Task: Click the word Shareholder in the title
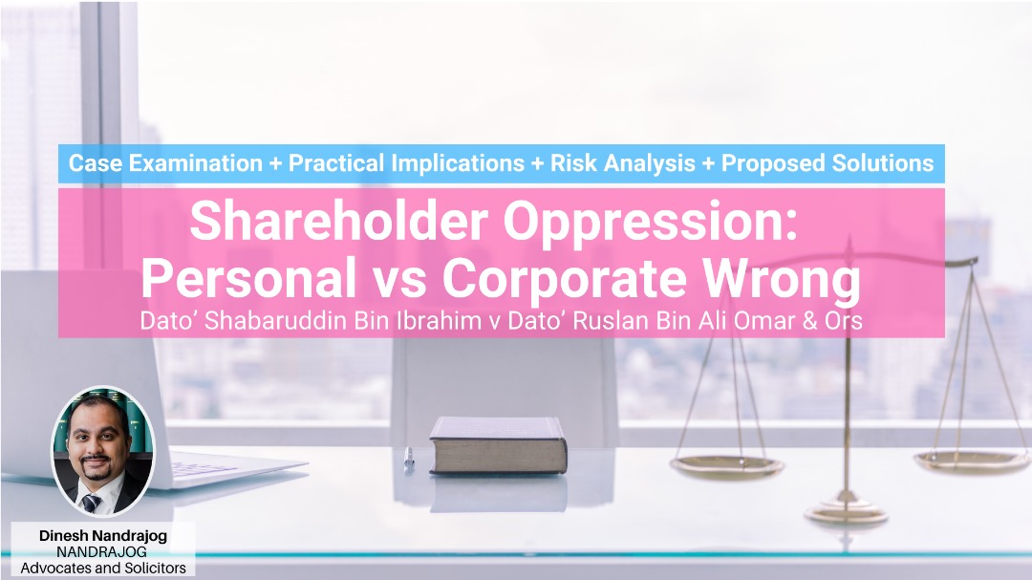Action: coord(338,221)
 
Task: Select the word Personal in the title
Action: coord(248,278)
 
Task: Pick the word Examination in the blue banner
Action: coord(196,163)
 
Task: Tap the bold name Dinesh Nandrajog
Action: coord(102,536)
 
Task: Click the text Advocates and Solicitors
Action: coord(102,568)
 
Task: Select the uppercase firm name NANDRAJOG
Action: coord(101,551)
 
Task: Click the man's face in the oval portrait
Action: coord(98,441)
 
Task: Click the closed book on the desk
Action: coord(498,445)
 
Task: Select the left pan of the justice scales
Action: coord(726,466)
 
